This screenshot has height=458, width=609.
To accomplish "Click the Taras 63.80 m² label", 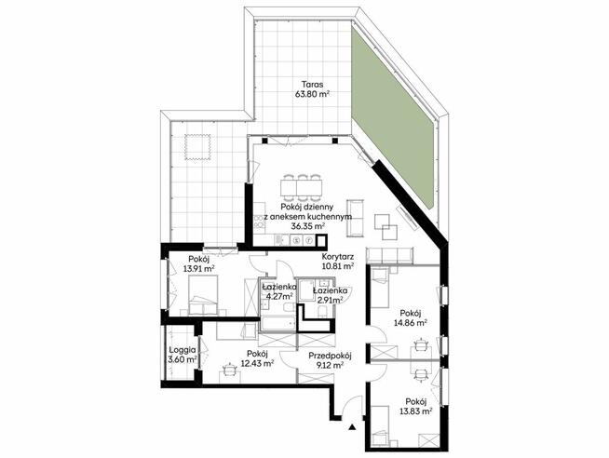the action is (x=312, y=88).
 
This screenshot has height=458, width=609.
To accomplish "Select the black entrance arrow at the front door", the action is (x=352, y=427).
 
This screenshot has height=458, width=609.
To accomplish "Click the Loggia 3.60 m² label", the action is (x=183, y=355).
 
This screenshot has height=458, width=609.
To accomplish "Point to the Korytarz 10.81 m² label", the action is (x=337, y=262).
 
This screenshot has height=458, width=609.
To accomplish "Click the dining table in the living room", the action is (x=302, y=187).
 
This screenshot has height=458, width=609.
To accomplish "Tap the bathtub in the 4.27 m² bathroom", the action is (x=277, y=324).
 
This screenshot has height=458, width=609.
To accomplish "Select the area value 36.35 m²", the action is (x=308, y=226).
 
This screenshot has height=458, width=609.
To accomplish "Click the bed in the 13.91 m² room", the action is (x=203, y=296).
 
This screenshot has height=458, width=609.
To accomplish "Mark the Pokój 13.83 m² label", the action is (x=416, y=406).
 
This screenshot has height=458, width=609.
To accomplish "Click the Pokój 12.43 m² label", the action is (x=258, y=358).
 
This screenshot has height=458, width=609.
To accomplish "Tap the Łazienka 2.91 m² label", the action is (x=330, y=295).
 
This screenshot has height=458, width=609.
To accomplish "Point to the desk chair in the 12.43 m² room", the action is (x=230, y=369).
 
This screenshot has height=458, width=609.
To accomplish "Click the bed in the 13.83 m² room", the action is (x=381, y=425).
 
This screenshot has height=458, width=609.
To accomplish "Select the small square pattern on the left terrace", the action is (x=197, y=147).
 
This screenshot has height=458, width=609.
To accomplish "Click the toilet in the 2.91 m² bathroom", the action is (x=322, y=311).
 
